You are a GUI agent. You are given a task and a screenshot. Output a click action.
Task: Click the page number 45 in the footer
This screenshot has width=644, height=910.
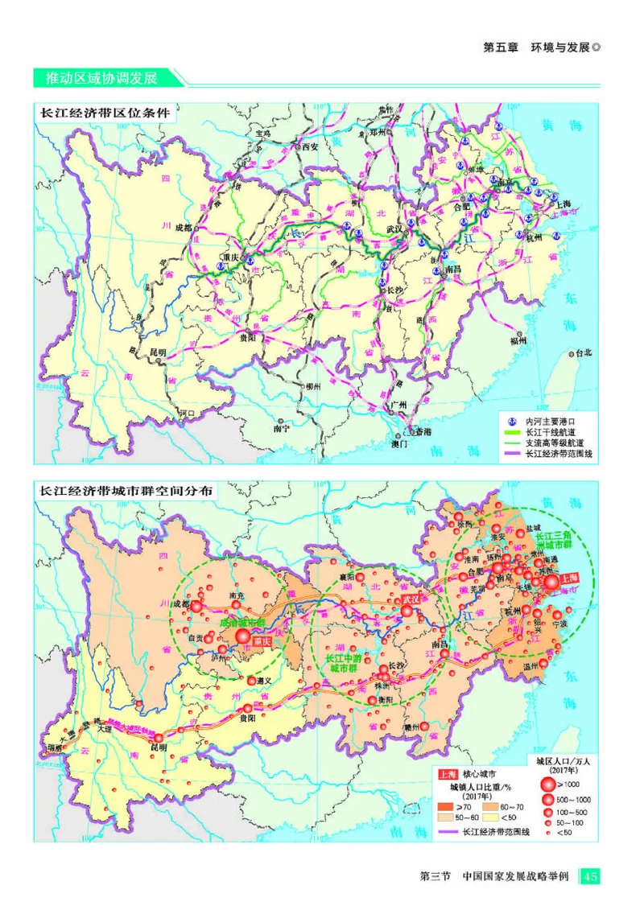(x=591, y=875)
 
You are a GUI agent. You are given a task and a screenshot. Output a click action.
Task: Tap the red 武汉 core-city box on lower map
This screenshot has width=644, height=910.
(x=412, y=599)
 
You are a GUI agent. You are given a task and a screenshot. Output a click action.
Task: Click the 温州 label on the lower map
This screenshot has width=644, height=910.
(x=530, y=666)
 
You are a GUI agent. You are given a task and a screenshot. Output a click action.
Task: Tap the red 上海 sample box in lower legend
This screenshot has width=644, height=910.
(x=448, y=774)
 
